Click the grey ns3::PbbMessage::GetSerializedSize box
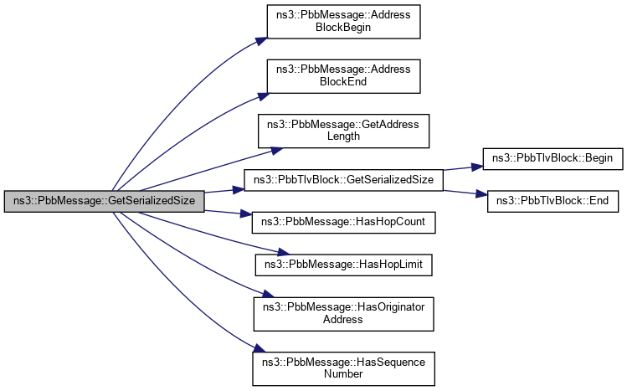point(104,201)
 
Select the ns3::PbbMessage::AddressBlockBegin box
point(343,21)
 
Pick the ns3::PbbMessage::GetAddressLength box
point(347,130)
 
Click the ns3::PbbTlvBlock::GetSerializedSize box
point(343,179)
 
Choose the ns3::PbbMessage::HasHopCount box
point(343,223)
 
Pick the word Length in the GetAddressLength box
point(347,136)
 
